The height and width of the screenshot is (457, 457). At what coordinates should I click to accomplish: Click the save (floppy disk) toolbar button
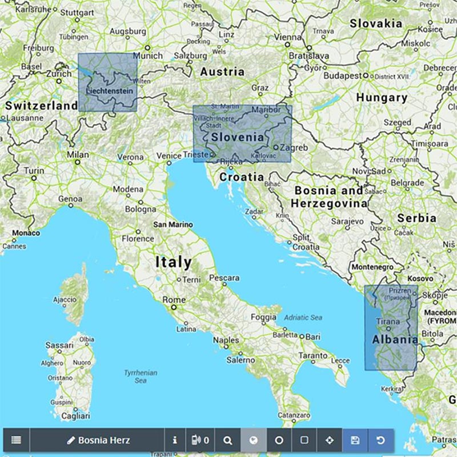click(x=355, y=440)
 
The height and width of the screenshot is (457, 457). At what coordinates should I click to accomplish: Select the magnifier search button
click(x=228, y=440)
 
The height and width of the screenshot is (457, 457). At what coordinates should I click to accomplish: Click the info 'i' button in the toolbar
click(x=175, y=440)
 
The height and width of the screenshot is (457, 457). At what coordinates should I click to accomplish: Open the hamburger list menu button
click(x=16, y=440)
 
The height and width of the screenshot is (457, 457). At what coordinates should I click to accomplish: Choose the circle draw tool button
click(x=279, y=440)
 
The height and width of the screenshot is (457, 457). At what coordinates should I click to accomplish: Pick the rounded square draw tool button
click(x=304, y=440)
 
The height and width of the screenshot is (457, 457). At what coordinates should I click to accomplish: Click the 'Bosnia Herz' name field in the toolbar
click(x=98, y=440)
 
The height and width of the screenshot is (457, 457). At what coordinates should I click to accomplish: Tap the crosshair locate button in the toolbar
click(x=329, y=440)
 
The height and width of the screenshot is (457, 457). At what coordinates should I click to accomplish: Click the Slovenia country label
click(x=238, y=137)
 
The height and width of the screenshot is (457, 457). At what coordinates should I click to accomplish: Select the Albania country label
click(x=395, y=340)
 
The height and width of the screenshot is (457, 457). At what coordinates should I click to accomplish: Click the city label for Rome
click(x=174, y=300)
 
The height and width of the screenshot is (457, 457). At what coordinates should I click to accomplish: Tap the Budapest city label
click(x=342, y=75)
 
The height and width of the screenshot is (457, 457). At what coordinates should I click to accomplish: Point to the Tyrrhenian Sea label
click(x=141, y=377)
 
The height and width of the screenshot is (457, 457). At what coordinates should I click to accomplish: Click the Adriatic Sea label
click(x=303, y=318)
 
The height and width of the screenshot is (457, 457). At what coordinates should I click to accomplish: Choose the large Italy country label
click(x=174, y=262)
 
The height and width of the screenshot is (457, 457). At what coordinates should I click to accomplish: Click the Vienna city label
click(x=287, y=37)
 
